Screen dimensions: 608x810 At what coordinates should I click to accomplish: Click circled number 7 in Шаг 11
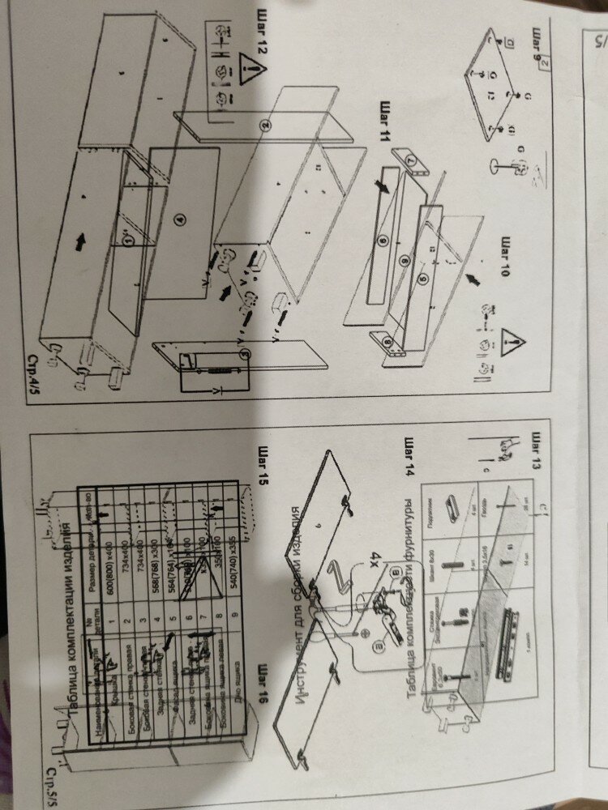(410, 161)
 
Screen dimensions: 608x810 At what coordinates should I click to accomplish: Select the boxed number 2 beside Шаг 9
(546, 62)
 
